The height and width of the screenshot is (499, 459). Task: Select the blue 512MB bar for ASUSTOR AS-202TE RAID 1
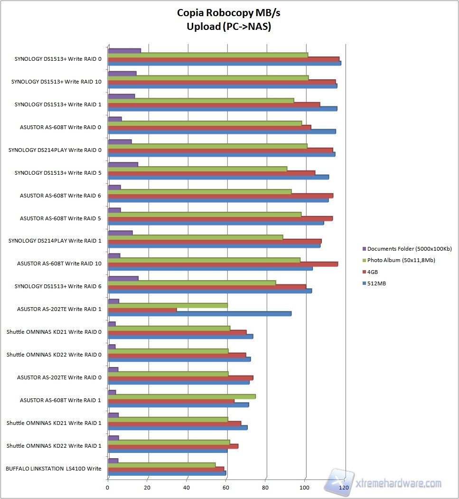[199, 314]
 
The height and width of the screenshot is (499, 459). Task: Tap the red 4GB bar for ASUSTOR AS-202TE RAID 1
[142, 310]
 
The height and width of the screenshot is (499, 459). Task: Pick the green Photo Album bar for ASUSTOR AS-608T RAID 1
[182, 396]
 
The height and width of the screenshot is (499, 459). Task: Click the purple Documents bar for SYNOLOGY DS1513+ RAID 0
[124, 50]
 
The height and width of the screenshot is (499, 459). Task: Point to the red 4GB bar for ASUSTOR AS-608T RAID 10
[223, 264]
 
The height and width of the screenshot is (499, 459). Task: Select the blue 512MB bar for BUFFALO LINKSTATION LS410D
[167, 473]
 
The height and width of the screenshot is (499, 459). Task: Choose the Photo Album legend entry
[401, 260]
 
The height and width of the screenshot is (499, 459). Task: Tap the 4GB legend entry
[373, 272]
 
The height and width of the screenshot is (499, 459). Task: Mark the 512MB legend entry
[375, 283]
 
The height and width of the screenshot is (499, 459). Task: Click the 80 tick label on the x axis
[266, 487]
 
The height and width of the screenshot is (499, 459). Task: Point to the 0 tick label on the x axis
[108, 487]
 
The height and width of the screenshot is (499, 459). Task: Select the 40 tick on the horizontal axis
[187, 487]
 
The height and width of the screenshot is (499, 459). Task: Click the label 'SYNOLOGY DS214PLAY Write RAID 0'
[55, 150]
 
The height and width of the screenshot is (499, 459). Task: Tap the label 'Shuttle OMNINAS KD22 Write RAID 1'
[54, 446]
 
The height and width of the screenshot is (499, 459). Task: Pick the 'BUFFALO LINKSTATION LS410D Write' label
[53, 469]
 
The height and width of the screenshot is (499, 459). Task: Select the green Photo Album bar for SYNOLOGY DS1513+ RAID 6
[192, 282]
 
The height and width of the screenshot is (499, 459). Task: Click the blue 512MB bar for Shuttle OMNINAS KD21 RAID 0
[180, 337]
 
